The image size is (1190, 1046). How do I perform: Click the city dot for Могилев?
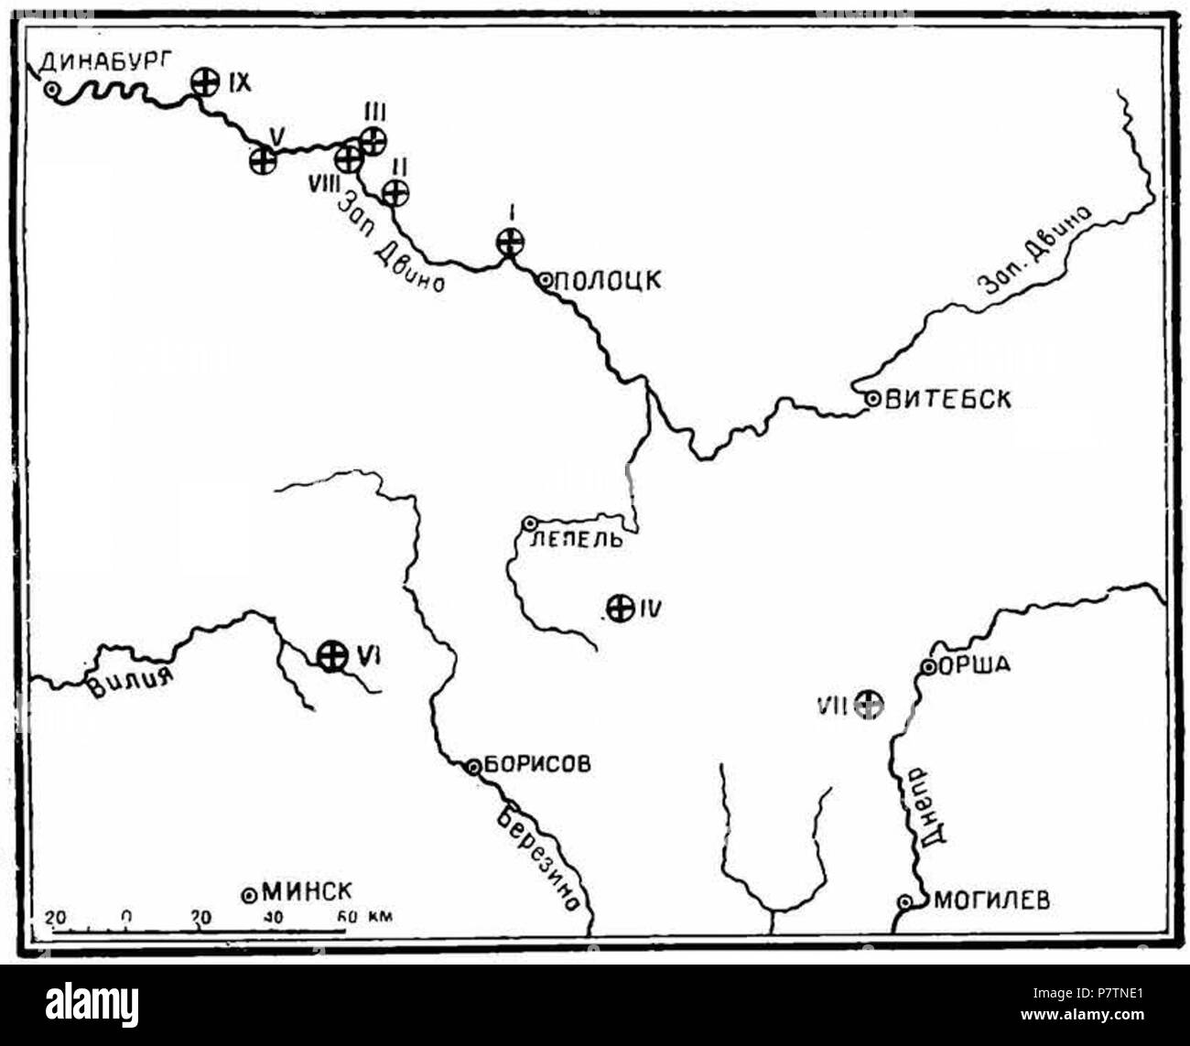(x=904, y=902)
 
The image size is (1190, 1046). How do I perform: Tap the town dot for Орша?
(x=927, y=667)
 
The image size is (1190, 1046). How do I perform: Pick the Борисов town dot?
(x=473, y=767)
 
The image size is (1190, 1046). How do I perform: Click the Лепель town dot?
(x=529, y=523)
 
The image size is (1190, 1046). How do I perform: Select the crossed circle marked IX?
(x=206, y=83)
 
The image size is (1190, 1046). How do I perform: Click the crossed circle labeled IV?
(x=622, y=608)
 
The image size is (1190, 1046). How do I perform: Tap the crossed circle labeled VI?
(x=330, y=654)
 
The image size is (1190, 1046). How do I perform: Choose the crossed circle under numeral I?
(x=510, y=243)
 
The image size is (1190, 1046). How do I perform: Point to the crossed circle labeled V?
(x=264, y=160)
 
